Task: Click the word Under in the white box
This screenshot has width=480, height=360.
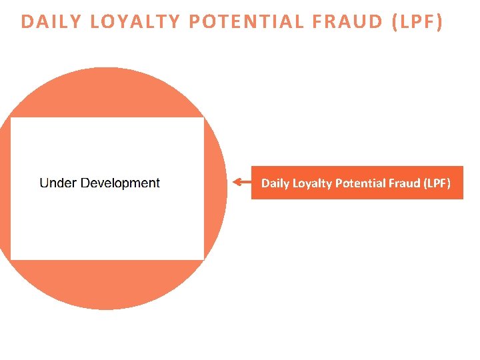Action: point(58,183)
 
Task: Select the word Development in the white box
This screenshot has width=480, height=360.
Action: point(120,183)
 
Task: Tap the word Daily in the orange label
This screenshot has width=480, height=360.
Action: point(275,183)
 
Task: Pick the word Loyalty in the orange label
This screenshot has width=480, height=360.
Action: point(312,183)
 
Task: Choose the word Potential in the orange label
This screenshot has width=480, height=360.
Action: point(358,183)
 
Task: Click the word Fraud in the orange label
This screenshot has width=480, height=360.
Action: point(402,183)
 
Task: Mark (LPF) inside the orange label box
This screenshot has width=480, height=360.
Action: point(437,183)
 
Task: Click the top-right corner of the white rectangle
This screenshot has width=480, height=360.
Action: point(203,118)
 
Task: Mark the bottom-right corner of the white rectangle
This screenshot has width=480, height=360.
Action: point(203,259)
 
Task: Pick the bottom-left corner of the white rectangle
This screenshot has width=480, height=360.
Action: point(11,259)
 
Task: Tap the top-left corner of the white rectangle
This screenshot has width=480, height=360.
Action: point(11,118)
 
